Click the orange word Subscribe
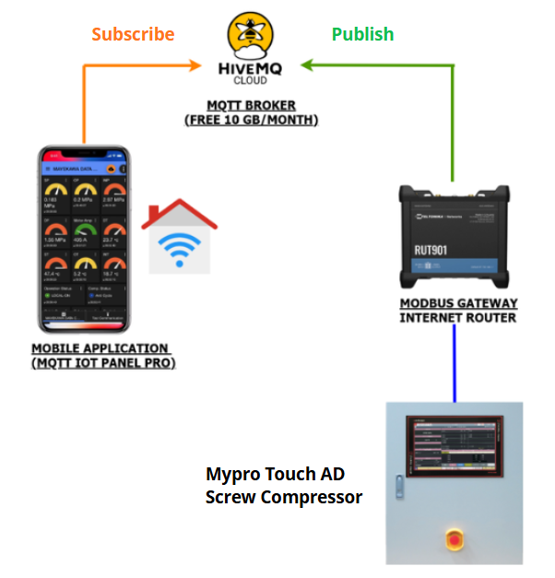pos(133,34)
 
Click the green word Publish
pos(362,34)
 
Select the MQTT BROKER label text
pos(251,104)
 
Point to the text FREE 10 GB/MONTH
pos(252,120)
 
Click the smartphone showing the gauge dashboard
pos(82,240)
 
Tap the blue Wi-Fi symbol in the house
pos(180,247)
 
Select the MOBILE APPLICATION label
pos(100,348)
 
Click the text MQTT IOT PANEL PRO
pos(103,363)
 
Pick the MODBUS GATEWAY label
pos(458,303)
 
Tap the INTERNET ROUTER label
pos(458,318)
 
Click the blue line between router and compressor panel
pos(455,363)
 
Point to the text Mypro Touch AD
pos(275,475)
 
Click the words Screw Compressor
pos(283,498)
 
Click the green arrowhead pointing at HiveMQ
pos(303,65)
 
